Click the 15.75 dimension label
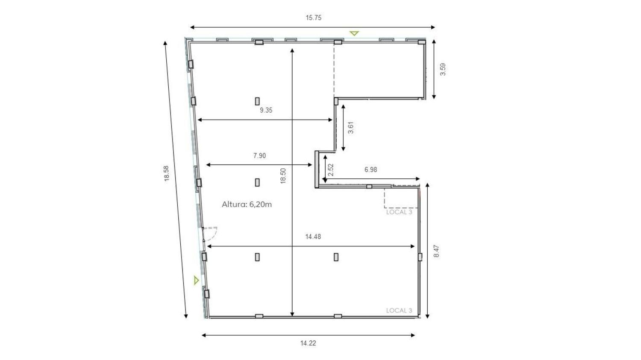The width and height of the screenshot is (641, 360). pyautogui.click(x=313, y=18)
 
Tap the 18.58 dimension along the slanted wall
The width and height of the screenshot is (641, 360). pyautogui.click(x=167, y=173)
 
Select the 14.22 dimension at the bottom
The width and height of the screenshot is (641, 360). pyautogui.click(x=308, y=343)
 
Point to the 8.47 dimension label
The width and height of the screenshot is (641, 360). pyautogui.click(x=436, y=251)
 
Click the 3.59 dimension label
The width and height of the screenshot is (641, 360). pyautogui.click(x=443, y=69)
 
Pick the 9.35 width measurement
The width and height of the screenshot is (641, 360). pyautogui.click(x=266, y=110)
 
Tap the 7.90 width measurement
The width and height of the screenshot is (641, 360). pyautogui.click(x=259, y=155)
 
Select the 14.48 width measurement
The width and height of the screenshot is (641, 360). pyautogui.click(x=313, y=237)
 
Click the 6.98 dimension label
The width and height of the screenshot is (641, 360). pyautogui.click(x=370, y=170)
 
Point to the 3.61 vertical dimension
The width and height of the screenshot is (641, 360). pyautogui.click(x=350, y=128)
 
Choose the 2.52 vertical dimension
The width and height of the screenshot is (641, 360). pyautogui.click(x=331, y=170)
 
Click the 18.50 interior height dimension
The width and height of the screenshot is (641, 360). pyautogui.click(x=283, y=176)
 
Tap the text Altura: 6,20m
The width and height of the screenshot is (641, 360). pyautogui.click(x=247, y=205)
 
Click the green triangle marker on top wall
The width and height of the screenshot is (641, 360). pyautogui.click(x=354, y=33)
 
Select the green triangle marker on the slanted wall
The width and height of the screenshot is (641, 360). pyautogui.click(x=196, y=280)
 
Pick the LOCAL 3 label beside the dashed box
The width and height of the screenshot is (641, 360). pyautogui.click(x=399, y=212)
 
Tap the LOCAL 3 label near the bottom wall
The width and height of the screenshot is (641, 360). pyautogui.click(x=399, y=310)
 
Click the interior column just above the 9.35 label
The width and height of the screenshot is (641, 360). pyautogui.click(x=257, y=101)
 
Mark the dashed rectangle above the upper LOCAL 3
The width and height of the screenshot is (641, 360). pyautogui.click(x=402, y=198)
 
